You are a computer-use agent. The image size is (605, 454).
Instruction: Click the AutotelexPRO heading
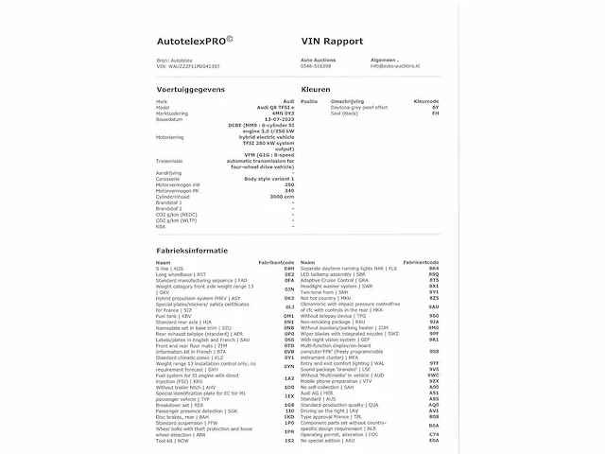198,42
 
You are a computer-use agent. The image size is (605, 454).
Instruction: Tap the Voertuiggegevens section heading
194,86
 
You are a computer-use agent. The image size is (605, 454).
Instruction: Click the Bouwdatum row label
171,119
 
